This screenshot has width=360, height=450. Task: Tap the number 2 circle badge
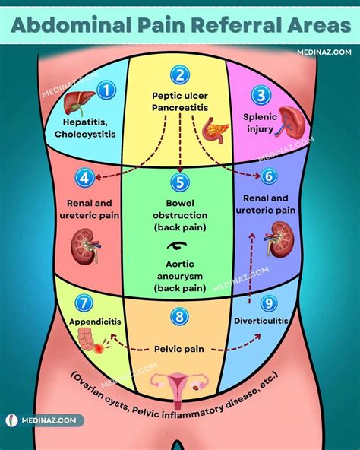pos(179,74)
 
